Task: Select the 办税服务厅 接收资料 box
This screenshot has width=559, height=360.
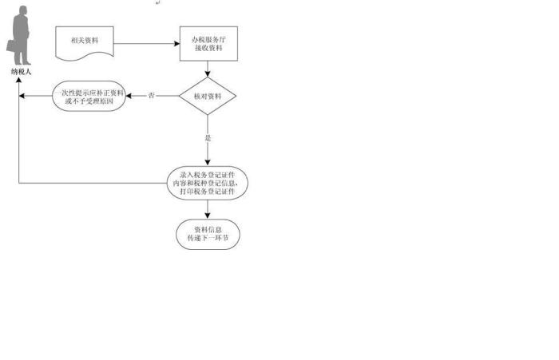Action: click(x=208, y=44)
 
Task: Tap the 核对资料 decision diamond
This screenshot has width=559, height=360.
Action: click(x=208, y=96)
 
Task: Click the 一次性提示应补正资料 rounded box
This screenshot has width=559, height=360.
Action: click(x=89, y=97)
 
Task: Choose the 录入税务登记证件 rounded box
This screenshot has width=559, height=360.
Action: click(x=208, y=184)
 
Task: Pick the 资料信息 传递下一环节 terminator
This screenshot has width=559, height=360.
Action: click(x=208, y=234)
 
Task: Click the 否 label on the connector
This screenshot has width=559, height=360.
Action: click(x=152, y=96)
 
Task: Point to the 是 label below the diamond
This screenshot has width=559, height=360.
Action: click(x=208, y=138)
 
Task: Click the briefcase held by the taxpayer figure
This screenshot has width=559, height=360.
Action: click(x=11, y=45)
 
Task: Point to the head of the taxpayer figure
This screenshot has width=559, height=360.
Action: click(x=23, y=10)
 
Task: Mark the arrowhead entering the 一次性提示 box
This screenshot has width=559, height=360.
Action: click(x=129, y=96)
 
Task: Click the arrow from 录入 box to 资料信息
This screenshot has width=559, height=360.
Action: click(x=208, y=209)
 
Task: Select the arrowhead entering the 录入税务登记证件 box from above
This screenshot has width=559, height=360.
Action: click(x=208, y=164)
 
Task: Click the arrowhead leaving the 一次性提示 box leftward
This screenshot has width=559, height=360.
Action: click(x=24, y=96)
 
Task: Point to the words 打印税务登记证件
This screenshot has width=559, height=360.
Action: click(x=207, y=192)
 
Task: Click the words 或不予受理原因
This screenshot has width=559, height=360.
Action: click(x=89, y=101)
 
